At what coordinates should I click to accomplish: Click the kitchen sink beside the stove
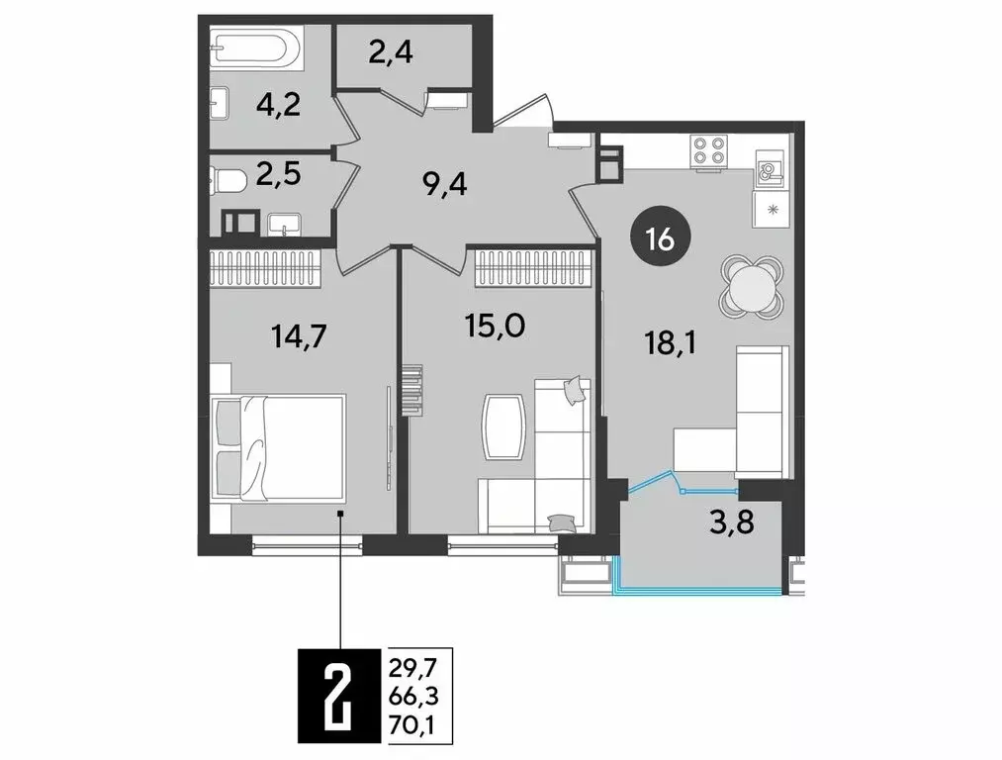pos(770,171)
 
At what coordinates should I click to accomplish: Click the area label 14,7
pos(299,336)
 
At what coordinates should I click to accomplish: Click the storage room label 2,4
pos(390,51)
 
